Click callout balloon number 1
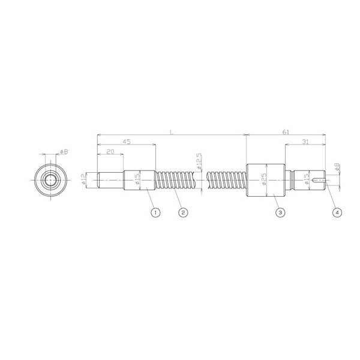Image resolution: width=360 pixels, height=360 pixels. tap(155, 212)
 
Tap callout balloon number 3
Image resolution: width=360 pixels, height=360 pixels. tap(278, 212)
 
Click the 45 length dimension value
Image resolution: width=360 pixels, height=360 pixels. tap(127, 142)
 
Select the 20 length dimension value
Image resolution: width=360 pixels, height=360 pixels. tap(110, 152)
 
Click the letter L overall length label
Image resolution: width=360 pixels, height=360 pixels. tap(172, 131)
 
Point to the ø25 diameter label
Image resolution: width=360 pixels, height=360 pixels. tap(263, 179)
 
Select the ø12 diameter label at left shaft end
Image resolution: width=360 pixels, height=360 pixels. tap(84, 179)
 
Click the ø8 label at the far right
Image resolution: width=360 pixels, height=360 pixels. tap(338, 169)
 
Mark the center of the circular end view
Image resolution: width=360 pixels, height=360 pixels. tap(50, 179)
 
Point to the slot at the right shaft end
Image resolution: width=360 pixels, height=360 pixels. tap(322, 179)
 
